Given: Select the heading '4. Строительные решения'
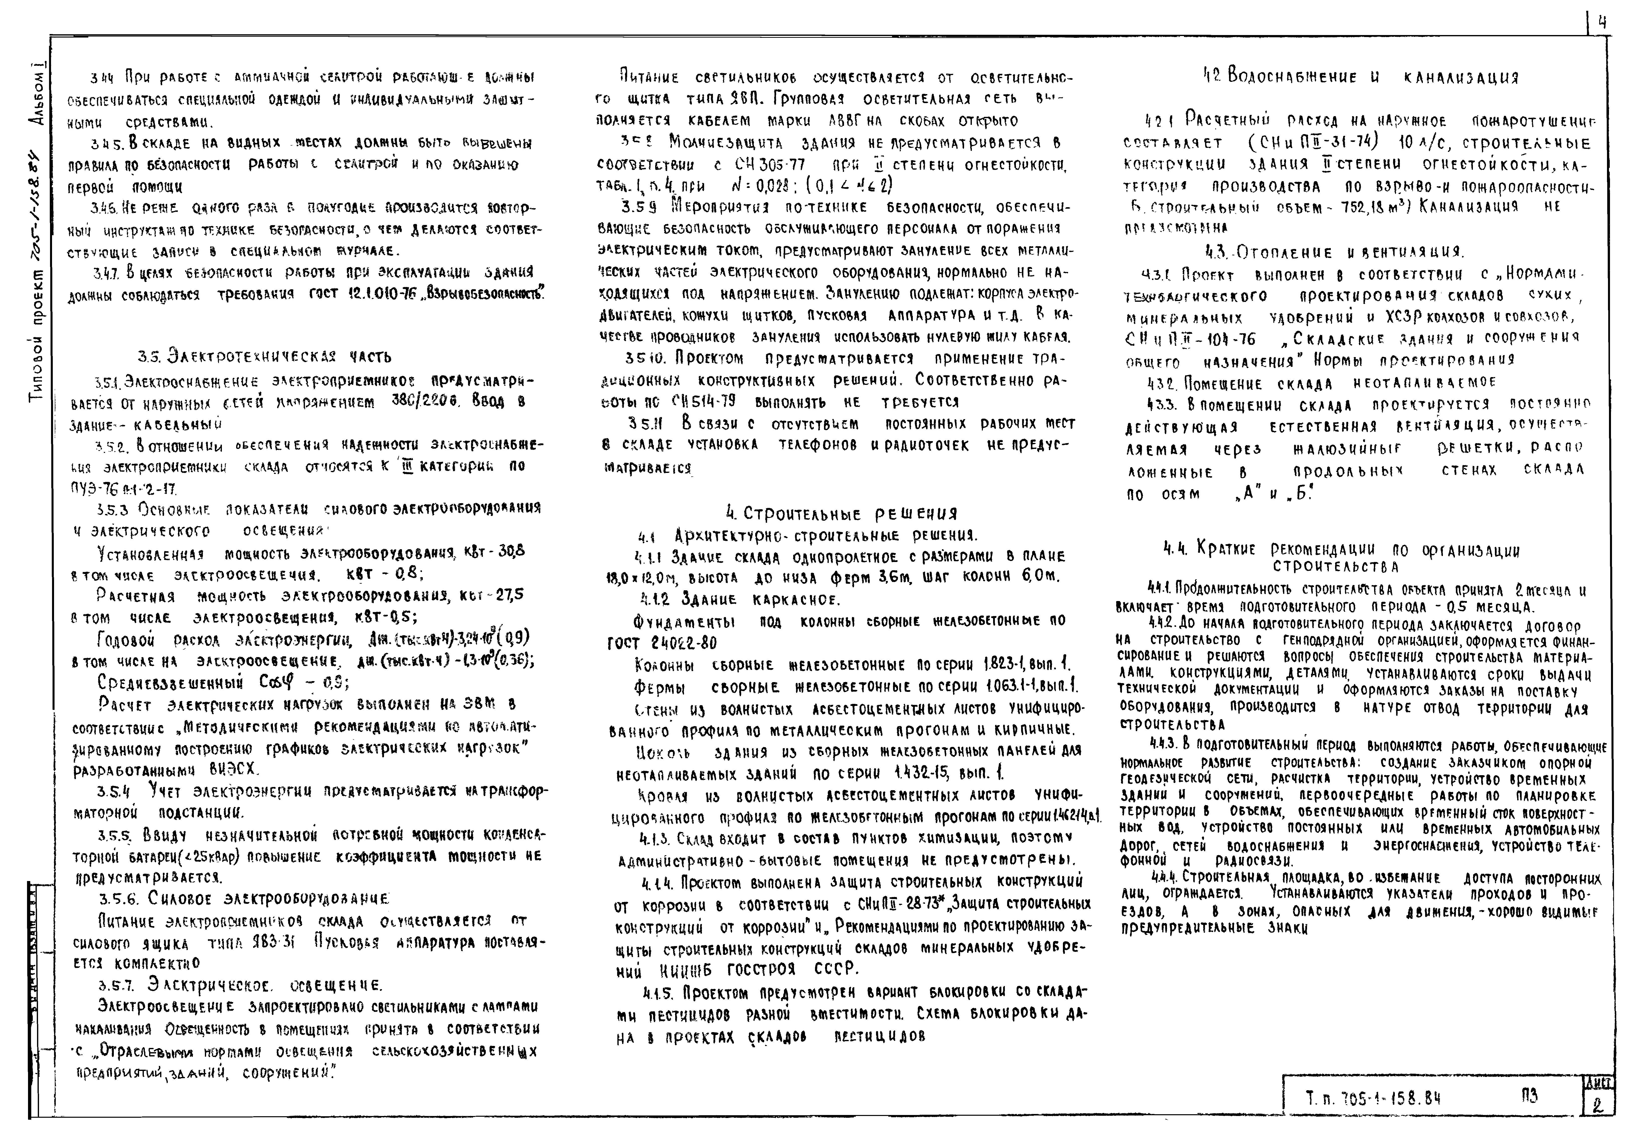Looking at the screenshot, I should click(x=841, y=513).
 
